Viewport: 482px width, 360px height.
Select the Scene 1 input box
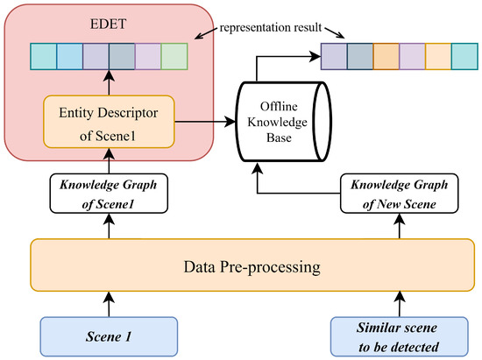(109, 335)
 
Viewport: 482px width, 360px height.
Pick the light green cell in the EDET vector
(175, 55)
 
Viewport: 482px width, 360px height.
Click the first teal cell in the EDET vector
(44, 55)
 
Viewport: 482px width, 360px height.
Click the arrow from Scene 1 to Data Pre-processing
(109, 304)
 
